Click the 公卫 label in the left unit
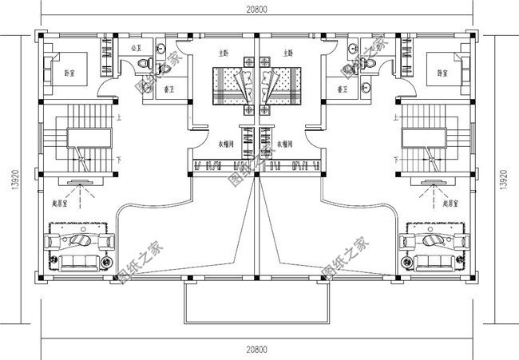click(x=135, y=49)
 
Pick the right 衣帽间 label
click(x=283, y=144)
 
